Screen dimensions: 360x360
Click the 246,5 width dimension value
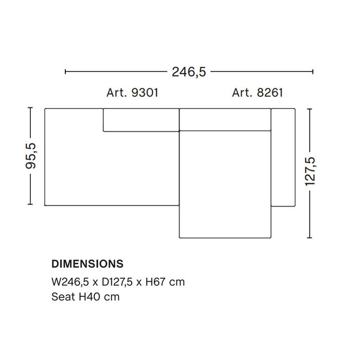(189, 72)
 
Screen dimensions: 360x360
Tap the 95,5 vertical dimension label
(31, 156)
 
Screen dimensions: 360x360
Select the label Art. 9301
(132, 93)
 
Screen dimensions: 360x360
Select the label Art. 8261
(257, 93)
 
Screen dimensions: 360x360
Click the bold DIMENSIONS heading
(87, 264)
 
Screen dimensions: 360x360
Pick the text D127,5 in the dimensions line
(115, 282)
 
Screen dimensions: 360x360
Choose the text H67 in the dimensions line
(155, 282)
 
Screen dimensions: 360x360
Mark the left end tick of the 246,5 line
(65, 72)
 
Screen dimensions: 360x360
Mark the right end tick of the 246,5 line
(313, 72)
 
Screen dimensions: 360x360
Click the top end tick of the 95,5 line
(31, 108)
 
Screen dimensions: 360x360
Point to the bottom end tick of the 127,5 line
(310, 238)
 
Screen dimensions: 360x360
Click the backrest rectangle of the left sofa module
(141, 120)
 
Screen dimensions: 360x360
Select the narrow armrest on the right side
(282, 157)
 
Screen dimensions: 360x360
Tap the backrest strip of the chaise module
(225, 119)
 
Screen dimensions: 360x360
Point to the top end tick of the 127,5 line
(310, 109)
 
